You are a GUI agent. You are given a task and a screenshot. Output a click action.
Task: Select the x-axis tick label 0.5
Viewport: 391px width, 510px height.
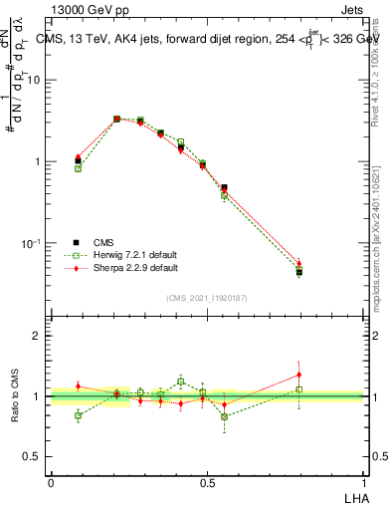(207, 482)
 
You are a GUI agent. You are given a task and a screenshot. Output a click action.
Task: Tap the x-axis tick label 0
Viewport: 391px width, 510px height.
(51, 482)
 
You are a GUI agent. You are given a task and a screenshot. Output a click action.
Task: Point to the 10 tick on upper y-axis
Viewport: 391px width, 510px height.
(33, 80)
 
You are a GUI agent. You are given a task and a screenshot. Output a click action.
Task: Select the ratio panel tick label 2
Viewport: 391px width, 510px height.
(37, 336)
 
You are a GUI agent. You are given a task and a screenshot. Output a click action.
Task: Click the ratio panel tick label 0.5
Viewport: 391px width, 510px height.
(32, 456)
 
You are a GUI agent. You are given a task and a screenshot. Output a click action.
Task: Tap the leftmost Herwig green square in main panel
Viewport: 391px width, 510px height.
(79, 168)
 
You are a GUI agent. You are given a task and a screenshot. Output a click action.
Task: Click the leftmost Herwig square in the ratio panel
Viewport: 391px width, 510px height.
(79, 415)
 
